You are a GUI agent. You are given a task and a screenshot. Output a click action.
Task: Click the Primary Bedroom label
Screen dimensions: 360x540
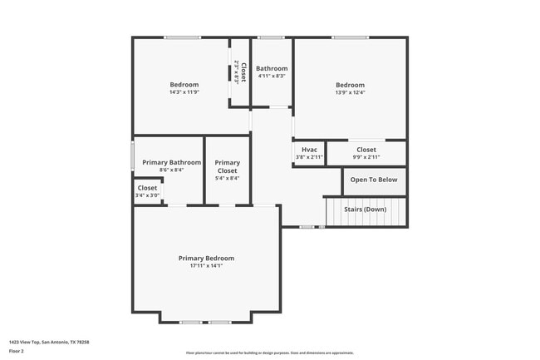point(206,258)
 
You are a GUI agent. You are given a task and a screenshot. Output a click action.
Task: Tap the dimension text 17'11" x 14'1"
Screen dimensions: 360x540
point(206,265)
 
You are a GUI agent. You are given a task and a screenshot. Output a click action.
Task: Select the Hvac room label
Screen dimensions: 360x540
point(309,150)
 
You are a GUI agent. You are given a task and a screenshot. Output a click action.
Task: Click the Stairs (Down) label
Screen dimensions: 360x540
point(365,210)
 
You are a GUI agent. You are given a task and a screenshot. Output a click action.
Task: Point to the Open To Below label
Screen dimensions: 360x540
point(374,180)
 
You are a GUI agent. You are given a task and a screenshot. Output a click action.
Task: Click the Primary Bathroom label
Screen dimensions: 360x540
point(171,162)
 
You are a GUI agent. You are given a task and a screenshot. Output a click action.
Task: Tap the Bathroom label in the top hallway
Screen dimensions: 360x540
point(272,68)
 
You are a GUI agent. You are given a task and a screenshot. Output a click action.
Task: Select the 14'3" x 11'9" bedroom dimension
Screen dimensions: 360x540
point(184,91)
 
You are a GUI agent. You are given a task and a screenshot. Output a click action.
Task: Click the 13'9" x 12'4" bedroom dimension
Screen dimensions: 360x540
point(350,91)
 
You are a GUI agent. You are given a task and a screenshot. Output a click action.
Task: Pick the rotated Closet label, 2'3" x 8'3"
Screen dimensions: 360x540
point(239,72)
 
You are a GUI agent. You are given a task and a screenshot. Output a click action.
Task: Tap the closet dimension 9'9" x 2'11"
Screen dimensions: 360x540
point(366,156)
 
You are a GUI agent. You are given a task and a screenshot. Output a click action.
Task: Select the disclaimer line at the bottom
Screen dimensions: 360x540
point(269,353)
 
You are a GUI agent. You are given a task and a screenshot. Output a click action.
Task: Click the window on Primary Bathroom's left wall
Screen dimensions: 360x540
point(132,156)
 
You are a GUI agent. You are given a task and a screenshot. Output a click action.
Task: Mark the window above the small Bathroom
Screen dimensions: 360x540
point(271,37)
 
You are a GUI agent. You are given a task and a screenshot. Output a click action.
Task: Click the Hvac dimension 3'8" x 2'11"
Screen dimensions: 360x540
point(309,156)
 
